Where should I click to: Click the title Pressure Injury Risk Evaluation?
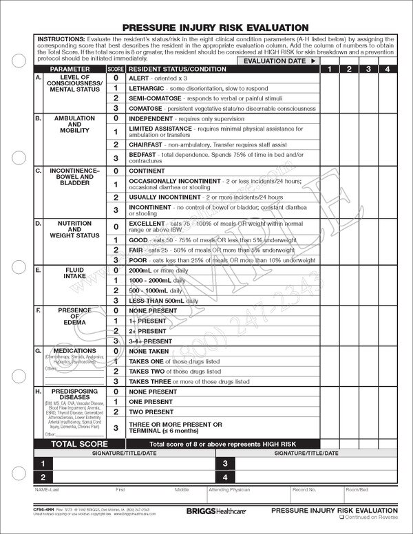[x=215, y=28]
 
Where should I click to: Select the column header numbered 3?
[x=369, y=70]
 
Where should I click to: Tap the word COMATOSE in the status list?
[x=149, y=108]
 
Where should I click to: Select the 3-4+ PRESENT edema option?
[x=151, y=341]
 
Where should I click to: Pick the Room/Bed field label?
[x=357, y=490]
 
